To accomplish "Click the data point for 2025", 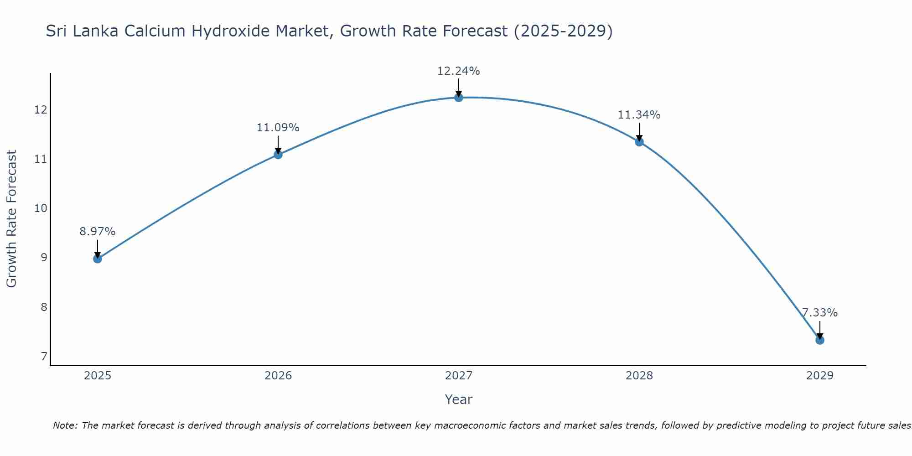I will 97,259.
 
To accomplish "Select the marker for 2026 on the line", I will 278,154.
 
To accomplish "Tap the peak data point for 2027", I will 458,97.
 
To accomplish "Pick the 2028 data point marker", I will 639,141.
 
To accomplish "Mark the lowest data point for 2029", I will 819,340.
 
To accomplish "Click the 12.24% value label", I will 458,71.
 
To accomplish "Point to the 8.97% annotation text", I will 97,232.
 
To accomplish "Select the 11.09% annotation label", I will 278,128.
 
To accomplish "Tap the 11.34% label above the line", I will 639,115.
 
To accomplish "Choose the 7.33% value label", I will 819,313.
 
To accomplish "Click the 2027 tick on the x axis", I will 458,376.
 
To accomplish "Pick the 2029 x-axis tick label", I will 819,376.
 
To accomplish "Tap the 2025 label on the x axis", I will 97,376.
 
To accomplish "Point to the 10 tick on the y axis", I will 41,208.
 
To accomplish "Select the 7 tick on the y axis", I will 44,356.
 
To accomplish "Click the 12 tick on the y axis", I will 41,110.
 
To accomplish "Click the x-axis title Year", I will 458,399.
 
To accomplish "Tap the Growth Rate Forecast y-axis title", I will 11,219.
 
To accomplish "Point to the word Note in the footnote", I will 64,425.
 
